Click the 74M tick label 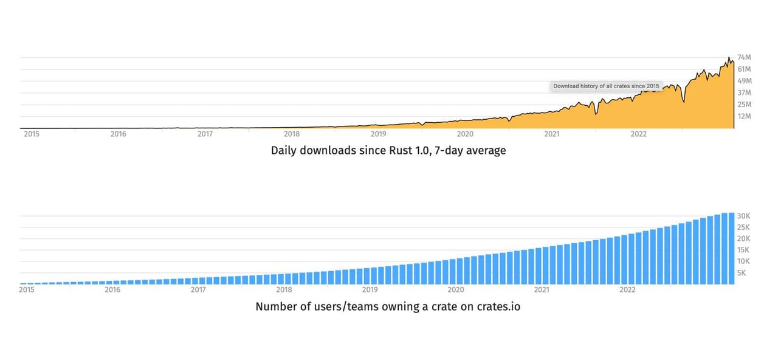[745, 57]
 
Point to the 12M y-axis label [745, 116]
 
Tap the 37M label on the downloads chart [745, 93]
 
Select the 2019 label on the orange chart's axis [378, 134]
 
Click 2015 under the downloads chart [32, 134]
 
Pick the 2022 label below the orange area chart [638, 134]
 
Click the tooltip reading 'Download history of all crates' [606, 86]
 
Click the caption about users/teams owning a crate [388, 306]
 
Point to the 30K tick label [743, 216]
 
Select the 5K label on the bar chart [742, 273]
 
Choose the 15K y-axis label [743, 250]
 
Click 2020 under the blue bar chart [456, 290]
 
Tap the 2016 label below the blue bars [112, 290]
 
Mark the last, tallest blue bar [731, 249]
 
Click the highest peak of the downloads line [729, 57]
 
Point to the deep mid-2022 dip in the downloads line [684, 102]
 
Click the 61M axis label [745, 69]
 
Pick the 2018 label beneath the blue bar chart [284, 290]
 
